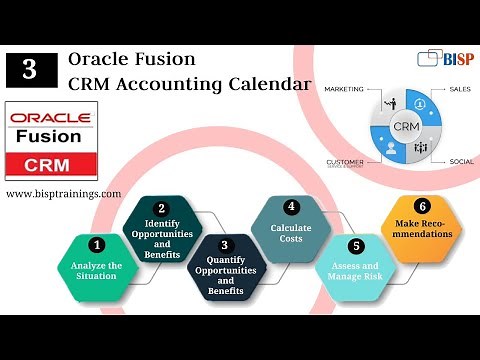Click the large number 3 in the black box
pos(30,69)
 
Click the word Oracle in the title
pos(97,59)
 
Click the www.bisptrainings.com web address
pos(63,193)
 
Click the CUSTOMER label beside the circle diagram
pos(347,161)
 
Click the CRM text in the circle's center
pos(405,128)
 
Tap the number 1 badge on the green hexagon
pos(96,243)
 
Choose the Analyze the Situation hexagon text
pos(96,271)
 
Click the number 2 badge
pos(161,208)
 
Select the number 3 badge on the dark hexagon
pos(224,245)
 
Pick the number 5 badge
pos(355,245)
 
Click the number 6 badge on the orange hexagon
pos(421,206)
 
